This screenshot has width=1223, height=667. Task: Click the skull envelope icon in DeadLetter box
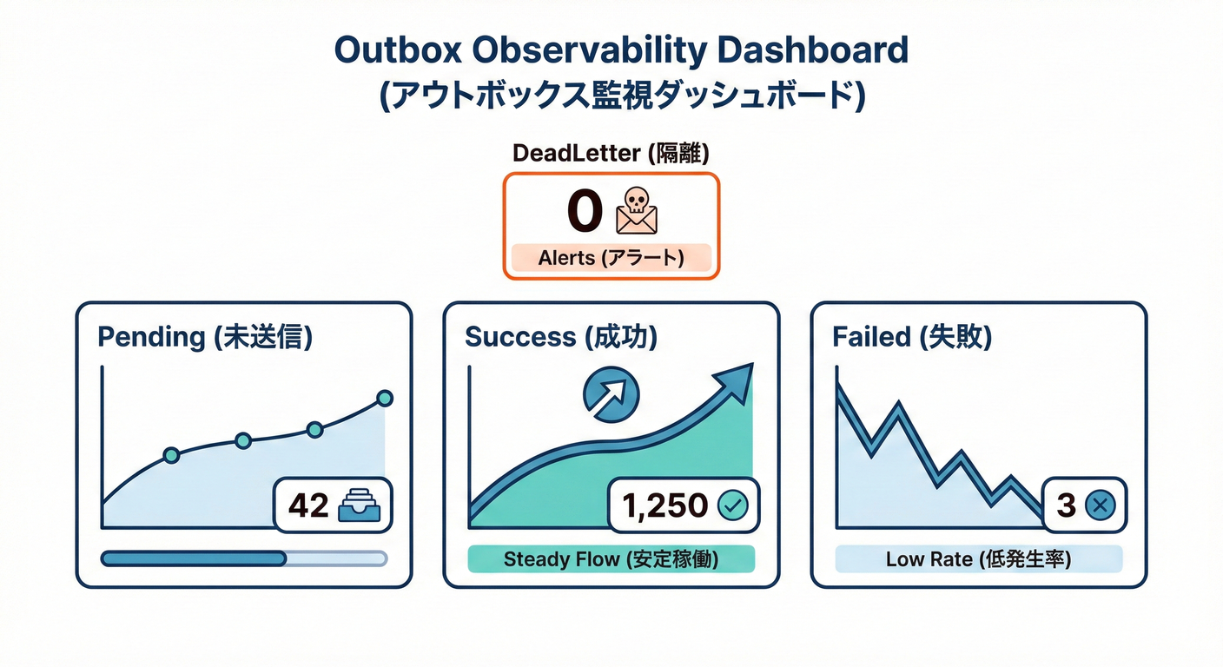click(x=636, y=211)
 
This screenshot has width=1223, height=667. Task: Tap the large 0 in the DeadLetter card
click(x=585, y=211)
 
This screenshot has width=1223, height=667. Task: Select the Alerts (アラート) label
click(x=611, y=258)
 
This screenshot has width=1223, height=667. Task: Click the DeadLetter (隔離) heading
click(x=611, y=153)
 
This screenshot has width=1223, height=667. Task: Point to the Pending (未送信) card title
click(x=205, y=337)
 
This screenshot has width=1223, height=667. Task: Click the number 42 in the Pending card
click(x=308, y=505)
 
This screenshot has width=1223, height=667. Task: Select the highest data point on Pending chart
click(x=385, y=399)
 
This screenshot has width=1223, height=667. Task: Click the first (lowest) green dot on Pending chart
click(x=171, y=454)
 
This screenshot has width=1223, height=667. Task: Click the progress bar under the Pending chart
click(x=243, y=558)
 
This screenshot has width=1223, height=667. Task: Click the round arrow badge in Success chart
click(x=611, y=393)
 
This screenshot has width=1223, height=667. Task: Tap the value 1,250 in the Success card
click(x=666, y=505)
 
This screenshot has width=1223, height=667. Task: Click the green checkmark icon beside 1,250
click(x=732, y=505)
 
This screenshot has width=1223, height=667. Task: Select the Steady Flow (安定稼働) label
click(x=611, y=558)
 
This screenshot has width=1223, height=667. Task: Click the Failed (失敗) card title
click(x=912, y=337)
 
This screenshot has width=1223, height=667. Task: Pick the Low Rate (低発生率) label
click(x=978, y=558)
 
